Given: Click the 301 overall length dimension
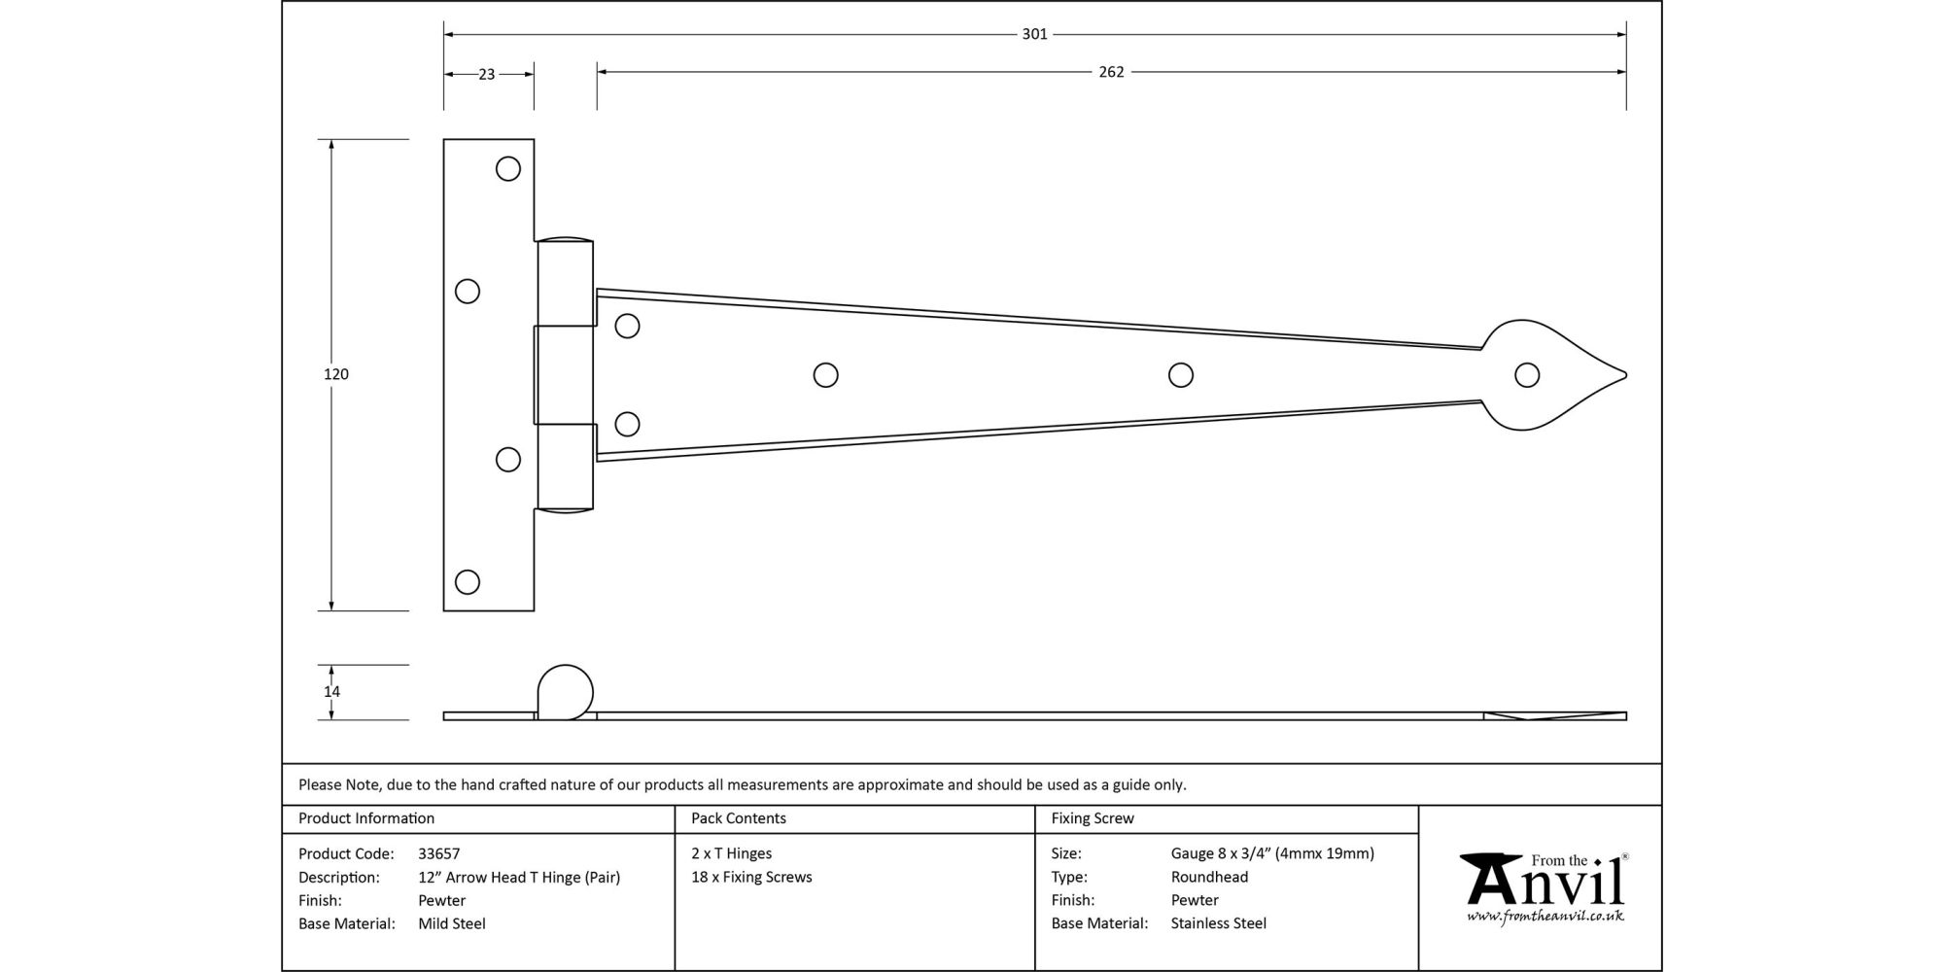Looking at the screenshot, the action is pos(1034,34).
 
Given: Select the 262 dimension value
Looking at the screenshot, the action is pos(1111,72).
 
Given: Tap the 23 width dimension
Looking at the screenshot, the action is pos(487,74).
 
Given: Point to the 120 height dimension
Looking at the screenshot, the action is pos(336,374).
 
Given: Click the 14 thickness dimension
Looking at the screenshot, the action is pos(332,692).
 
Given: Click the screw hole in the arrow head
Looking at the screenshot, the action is pos(1527,375).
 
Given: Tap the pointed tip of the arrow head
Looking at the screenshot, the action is pos(1626,375).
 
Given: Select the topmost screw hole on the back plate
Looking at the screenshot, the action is pos(507,169).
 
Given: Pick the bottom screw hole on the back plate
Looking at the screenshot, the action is pos(468,581).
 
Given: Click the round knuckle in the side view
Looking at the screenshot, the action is pos(565,692).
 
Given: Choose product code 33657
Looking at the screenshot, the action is pos(439,854).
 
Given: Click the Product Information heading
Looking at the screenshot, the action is pos(366,818).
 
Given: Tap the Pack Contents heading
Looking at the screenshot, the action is pos(739,818).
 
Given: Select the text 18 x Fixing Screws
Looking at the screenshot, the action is pos(751,877).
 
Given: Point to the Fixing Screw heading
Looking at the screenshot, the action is pos(1093,818).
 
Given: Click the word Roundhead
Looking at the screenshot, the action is pos(1209,877).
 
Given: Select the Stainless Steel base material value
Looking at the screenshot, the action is pos(1219,923).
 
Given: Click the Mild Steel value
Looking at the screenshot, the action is pos(452,923).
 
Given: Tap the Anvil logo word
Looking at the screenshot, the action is pos(1544,880).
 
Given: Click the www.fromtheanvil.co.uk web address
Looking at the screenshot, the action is pos(1545,916).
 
